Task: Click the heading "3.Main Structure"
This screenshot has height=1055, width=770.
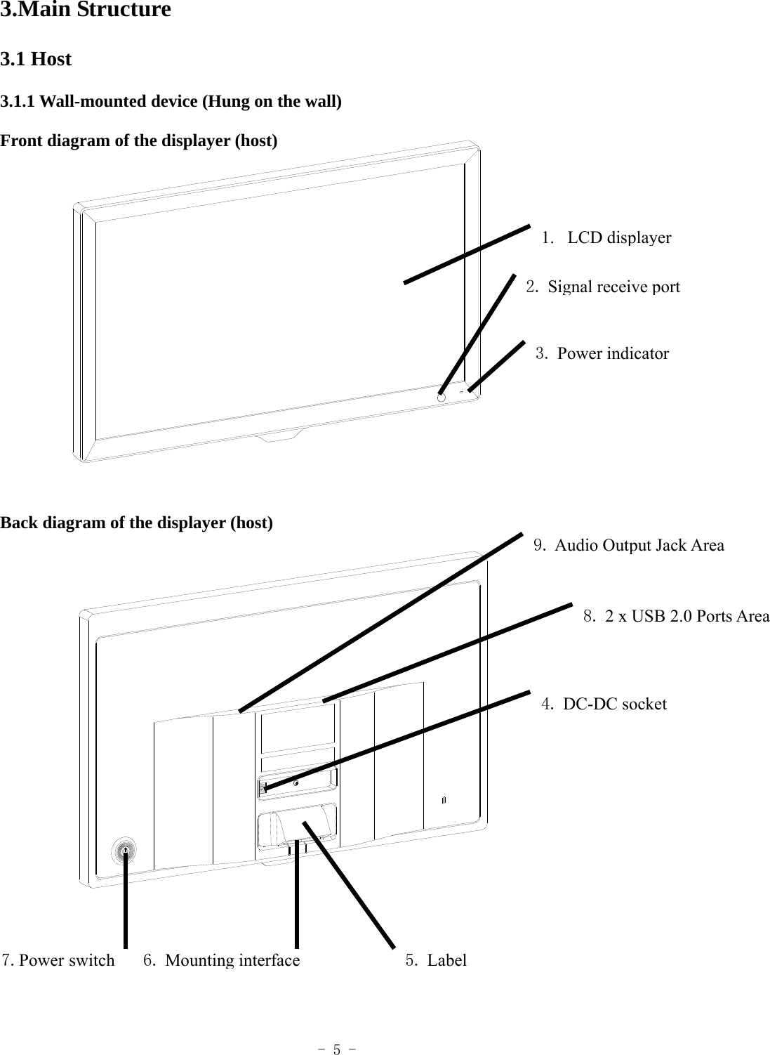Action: (85, 11)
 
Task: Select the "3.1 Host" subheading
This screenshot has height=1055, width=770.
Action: (36, 60)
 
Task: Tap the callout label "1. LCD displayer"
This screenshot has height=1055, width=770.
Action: (607, 237)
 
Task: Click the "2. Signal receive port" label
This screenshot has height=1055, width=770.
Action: (604, 287)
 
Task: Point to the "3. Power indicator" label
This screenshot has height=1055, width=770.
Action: (602, 353)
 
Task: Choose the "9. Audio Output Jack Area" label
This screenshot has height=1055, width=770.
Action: (629, 545)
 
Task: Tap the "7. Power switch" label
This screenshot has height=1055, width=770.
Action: (58, 960)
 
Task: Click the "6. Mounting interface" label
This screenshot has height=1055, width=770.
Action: (222, 960)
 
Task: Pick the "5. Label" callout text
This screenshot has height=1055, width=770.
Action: (436, 960)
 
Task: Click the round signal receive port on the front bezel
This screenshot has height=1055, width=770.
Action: (441, 397)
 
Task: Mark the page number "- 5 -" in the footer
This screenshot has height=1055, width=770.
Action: (337, 1050)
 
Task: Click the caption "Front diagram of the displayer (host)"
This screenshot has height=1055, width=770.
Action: (139, 141)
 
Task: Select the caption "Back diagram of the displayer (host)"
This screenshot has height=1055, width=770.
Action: (137, 523)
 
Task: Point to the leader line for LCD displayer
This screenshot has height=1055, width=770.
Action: (467, 254)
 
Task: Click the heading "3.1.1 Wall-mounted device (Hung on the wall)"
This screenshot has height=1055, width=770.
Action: (171, 102)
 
